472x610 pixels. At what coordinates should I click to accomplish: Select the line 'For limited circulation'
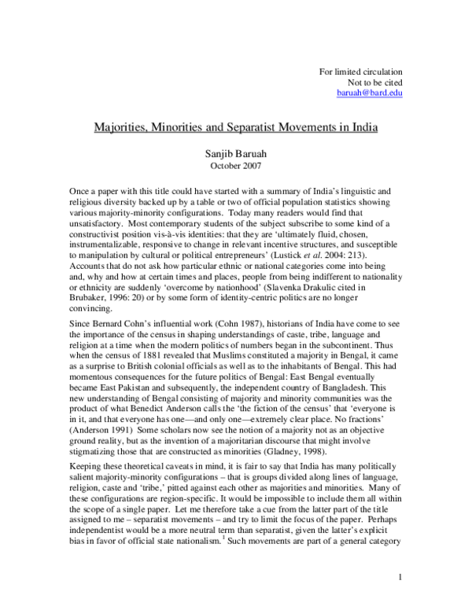click(360, 72)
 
